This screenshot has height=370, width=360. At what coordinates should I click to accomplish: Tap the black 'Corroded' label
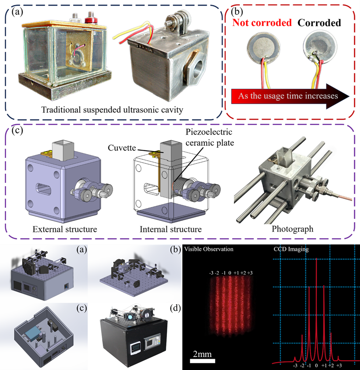[319, 23]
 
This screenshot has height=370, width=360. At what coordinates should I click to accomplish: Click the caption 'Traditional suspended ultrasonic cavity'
[113, 110]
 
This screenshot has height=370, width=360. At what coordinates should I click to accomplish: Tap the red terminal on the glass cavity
[89, 17]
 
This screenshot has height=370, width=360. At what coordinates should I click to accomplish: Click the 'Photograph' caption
[293, 229]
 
